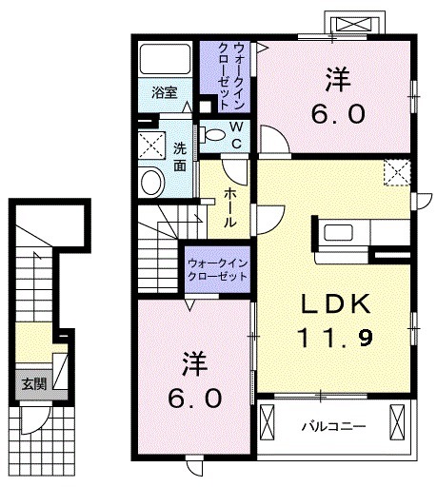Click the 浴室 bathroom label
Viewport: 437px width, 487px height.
point(164,93)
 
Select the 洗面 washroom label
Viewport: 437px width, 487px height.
point(179,156)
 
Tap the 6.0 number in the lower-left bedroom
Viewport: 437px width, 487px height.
point(197,397)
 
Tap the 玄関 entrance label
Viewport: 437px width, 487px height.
point(32,383)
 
